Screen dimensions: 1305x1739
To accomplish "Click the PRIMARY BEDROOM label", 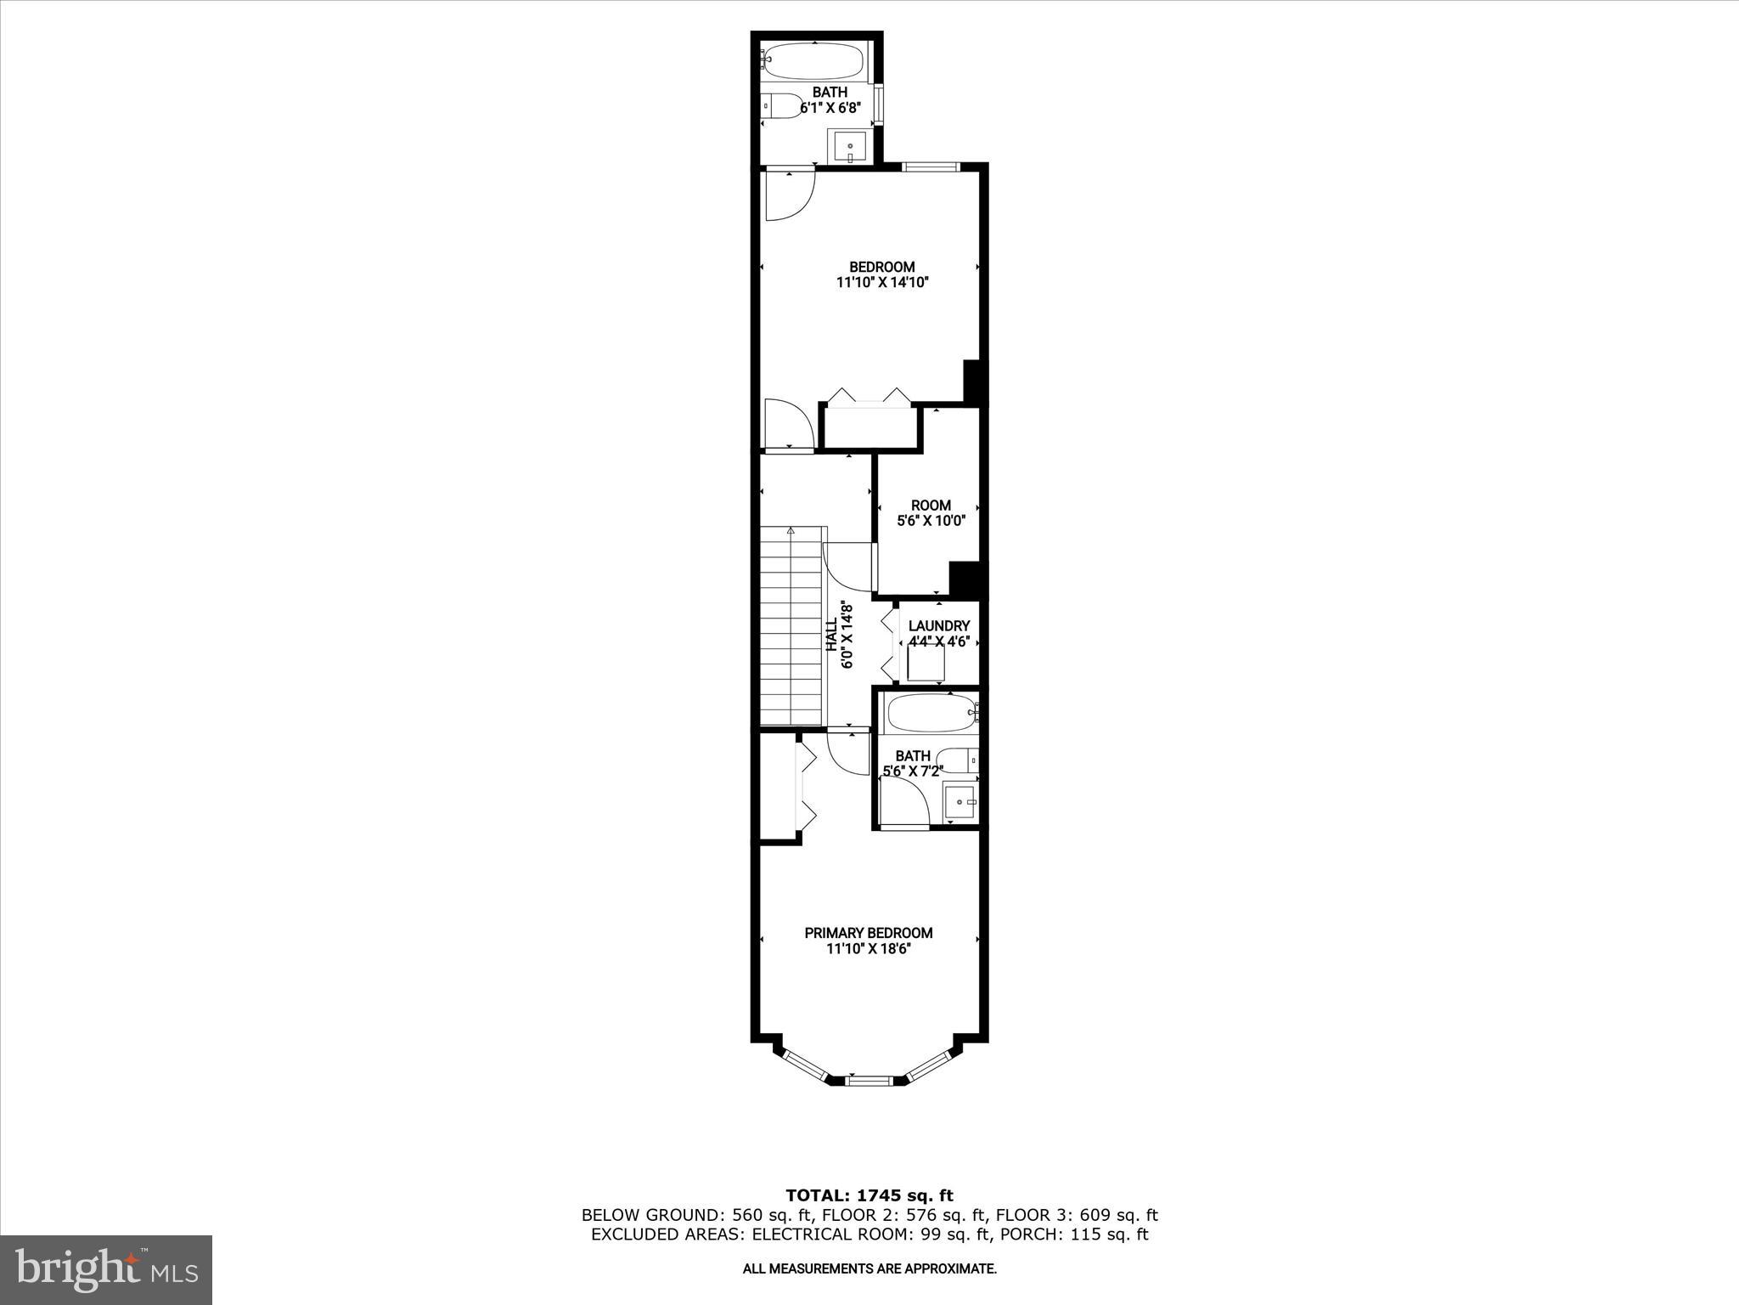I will pos(868,932).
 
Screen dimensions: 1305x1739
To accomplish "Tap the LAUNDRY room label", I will pos(938,625).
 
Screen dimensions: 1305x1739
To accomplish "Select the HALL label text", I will pos(832,635).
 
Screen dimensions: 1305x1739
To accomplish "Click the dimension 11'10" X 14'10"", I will pos(882,283).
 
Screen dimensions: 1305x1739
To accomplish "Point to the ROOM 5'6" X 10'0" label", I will pos(931,513).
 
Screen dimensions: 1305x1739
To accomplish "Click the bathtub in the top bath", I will pos(814,60).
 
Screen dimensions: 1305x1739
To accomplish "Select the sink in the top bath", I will pos(850,147).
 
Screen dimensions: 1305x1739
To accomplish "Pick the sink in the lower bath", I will pos(962,800).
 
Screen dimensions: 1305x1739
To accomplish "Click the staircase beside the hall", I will pos(791,626).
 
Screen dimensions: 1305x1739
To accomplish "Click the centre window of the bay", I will pos(869,1080).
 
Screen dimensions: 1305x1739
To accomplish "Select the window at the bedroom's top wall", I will pos(931,167).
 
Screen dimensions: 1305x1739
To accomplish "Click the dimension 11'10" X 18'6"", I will pos(868,948).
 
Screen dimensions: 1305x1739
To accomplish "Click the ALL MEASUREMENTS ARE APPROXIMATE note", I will pos(869,1269).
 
